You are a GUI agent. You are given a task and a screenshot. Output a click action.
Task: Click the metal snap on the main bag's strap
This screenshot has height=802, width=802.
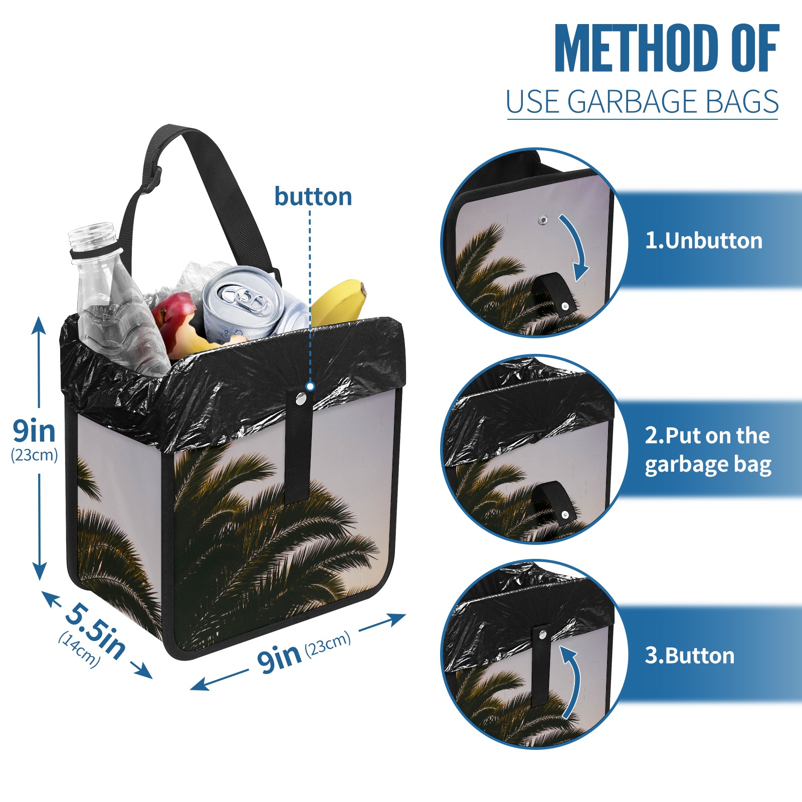tap(301, 399)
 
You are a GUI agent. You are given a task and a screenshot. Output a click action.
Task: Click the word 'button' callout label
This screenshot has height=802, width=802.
tap(313, 196)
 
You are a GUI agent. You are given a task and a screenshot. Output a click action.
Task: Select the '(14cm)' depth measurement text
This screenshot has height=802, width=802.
tap(79, 649)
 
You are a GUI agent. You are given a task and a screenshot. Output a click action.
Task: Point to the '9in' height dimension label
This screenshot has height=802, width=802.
tap(34, 431)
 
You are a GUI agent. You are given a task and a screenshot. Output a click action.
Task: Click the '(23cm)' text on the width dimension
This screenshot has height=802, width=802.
tap(328, 644)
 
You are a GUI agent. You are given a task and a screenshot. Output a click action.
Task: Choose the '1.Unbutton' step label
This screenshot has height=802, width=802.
tap(704, 241)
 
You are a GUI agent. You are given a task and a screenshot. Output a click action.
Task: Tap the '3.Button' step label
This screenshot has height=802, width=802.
tap(690, 656)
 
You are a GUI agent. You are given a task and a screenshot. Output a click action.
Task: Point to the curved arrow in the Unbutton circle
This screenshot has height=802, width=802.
tap(576, 246)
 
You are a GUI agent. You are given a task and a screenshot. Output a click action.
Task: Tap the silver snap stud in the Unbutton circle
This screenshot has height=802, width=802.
tap(543, 220)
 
